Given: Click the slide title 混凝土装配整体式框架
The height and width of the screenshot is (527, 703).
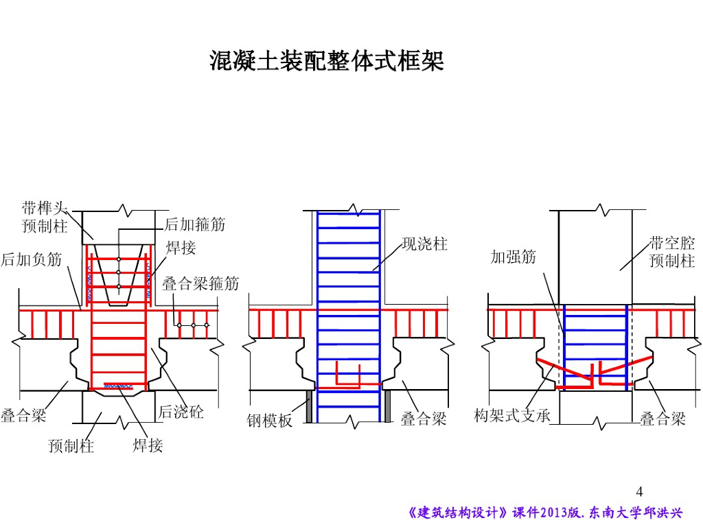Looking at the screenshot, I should tap(327, 61).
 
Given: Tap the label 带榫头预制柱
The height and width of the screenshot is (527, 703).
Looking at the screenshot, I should tap(45, 216).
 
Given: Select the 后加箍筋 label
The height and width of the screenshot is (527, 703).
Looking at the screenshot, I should tap(195, 224).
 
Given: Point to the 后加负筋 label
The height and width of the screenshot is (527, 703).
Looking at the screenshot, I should tap(31, 259).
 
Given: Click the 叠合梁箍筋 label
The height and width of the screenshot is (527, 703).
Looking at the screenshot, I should tap(200, 283).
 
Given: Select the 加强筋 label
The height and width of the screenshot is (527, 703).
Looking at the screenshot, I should tap(513, 257).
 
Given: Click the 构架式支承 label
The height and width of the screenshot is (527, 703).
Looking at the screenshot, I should tap(512, 416).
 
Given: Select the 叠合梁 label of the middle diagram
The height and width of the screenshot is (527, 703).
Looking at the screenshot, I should tap(424, 419).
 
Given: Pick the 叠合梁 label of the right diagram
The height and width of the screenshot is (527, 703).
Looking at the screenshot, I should tap(662, 419).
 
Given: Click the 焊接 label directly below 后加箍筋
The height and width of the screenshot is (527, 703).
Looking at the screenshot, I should tap(181, 248).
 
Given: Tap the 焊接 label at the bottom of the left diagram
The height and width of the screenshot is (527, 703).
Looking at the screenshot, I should tap(148, 445).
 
